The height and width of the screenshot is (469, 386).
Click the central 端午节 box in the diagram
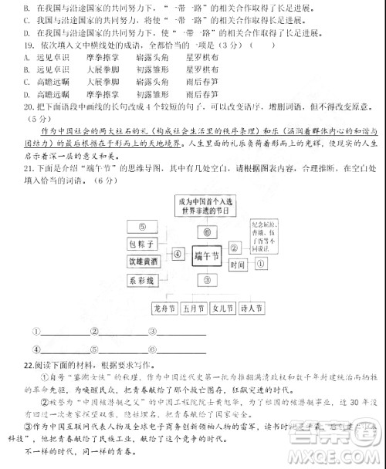(x=206, y=253)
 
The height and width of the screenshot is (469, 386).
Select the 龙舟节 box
(x=165, y=308)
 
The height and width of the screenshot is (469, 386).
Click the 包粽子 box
(x=142, y=245)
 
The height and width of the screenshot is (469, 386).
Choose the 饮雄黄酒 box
(x=142, y=261)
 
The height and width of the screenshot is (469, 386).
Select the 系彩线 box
(x=142, y=278)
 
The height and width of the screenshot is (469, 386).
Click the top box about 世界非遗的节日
(x=206, y=205)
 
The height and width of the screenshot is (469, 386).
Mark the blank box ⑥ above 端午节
(x=206, y=231)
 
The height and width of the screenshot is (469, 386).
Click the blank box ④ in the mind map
(x=178, y=252)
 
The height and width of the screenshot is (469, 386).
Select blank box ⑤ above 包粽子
(x=142, y=227)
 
